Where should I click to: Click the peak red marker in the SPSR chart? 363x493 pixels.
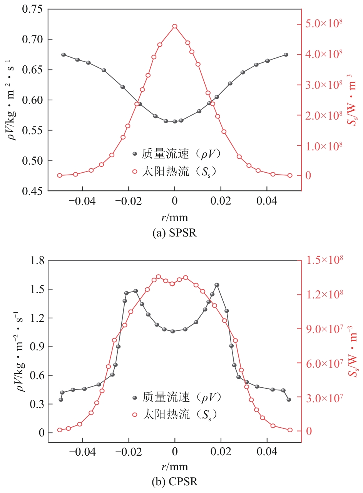point(175,26)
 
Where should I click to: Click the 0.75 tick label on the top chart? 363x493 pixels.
point(33,9)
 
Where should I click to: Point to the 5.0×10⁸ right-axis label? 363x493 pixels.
point(326,23)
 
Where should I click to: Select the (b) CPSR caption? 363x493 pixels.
point(174,481)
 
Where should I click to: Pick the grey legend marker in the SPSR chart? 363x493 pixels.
point(134,154)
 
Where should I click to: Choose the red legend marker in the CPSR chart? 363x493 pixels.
point(134,415)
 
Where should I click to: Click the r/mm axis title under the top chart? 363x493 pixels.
point(174,217)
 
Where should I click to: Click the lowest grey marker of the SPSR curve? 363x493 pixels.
point(175,121)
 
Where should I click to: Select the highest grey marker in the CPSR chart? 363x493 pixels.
point(217,285)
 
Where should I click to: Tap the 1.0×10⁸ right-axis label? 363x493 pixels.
point(326,146)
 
